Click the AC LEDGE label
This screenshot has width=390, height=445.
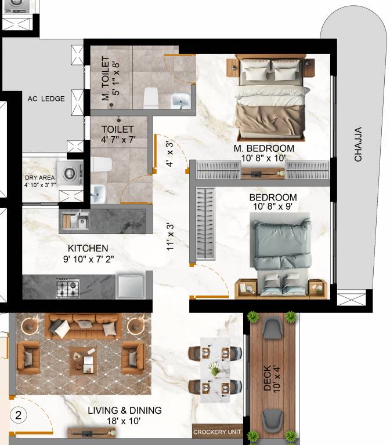tap(46, 99)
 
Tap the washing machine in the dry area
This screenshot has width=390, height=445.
tap(74, 173)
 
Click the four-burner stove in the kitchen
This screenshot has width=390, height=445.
tap(68, 287)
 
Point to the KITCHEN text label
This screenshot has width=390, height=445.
tap(88, 248)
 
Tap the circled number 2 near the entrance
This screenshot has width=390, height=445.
tap(19, 415)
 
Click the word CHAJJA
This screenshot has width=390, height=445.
tap(358, 144)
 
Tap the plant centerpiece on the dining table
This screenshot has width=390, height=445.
tap(215, 370)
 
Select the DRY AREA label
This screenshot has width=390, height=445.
tap(39, 178)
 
